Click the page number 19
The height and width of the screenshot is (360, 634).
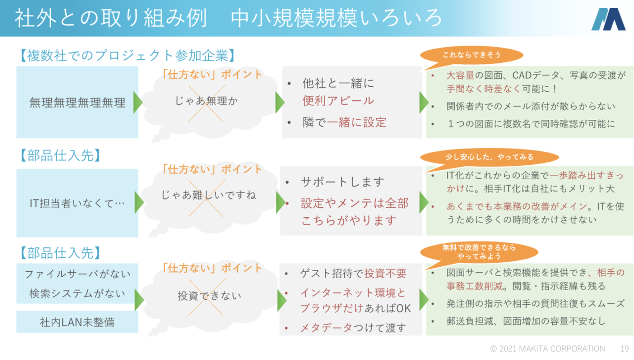pyautogui.click(x=624, y=349)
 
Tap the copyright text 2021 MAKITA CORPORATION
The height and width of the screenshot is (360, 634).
pyautogui.click(x=547, y=349)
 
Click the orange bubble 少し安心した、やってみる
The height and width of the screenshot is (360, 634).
pyautogui.click(x=489, y=157)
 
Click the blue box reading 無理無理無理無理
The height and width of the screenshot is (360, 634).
pyautogui.click(x=77, y=103)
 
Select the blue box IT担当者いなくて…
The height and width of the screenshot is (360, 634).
pyautogui.click(x=77, y=203)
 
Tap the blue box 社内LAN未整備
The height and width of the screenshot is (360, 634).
pyautogui.click(x=77, y=322)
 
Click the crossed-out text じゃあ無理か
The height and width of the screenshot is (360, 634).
pyautogui.click(x=206, y=101)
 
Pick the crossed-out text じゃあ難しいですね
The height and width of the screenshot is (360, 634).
pyautogui.click(x=208, y=195)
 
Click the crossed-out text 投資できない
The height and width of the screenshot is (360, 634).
pyautogui.click(x=209, y=295)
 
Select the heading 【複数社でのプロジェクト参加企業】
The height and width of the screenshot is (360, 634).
pyautogui.click(x=127, y=56)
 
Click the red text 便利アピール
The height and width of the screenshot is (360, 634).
pyautogui.click(x=338, y=101)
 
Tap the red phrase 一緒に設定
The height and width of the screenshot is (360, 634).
pyautogui.click(x=356, y=122)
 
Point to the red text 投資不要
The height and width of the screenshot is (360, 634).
pyautogui.click(x=385, y=273)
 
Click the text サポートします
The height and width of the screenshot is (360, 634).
pyautogui.click(x=342, y=182)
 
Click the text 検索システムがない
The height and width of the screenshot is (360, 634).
pyautogui.click(x=77, y=293)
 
